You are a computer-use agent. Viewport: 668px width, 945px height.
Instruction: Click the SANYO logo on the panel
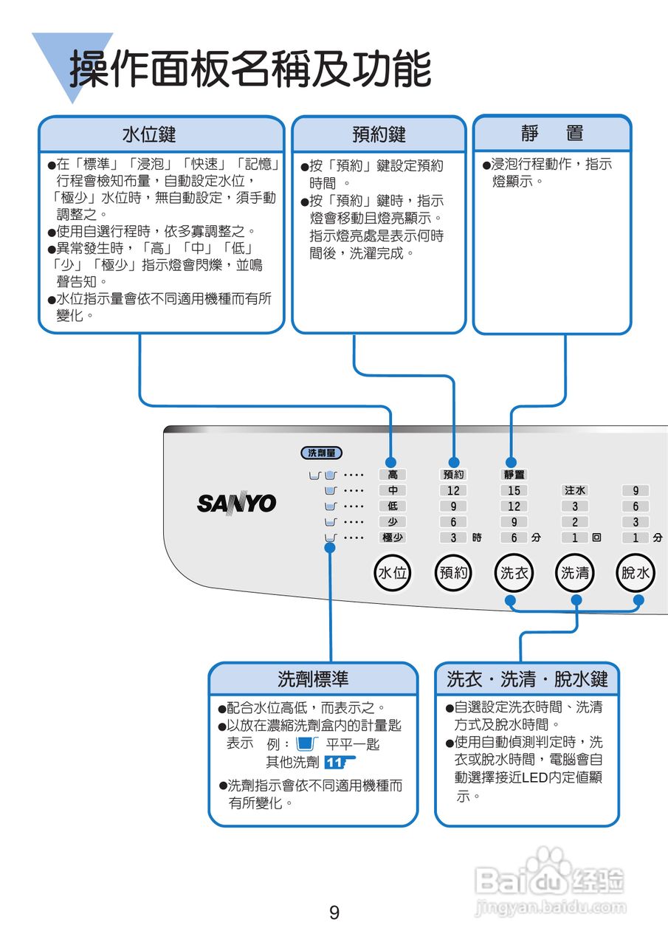(236, 504)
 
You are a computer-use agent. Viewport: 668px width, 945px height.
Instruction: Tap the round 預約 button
(453, 572)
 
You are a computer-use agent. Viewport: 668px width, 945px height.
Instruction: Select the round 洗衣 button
(514, 572)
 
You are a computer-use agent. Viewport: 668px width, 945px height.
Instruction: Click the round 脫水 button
(636, 572)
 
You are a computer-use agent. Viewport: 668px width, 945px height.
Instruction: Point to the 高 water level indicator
(393, 475)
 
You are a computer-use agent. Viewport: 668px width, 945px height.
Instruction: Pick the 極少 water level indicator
(393, 537)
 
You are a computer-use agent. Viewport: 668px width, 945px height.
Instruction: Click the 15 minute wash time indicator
(514, 490)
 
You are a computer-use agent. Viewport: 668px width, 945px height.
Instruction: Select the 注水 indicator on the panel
(575, 490)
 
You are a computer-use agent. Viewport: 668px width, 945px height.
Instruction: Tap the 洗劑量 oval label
(321, 453)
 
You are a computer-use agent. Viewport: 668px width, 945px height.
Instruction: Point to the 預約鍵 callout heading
(379, 134)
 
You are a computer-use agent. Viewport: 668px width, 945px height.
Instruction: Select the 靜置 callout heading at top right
(552, 134)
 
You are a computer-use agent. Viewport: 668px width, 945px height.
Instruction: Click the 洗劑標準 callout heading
(313, 678)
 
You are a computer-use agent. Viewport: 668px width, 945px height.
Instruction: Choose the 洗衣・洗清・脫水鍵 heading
(527, 678)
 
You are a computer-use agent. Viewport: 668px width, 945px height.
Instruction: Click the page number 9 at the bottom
(334, 913)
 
